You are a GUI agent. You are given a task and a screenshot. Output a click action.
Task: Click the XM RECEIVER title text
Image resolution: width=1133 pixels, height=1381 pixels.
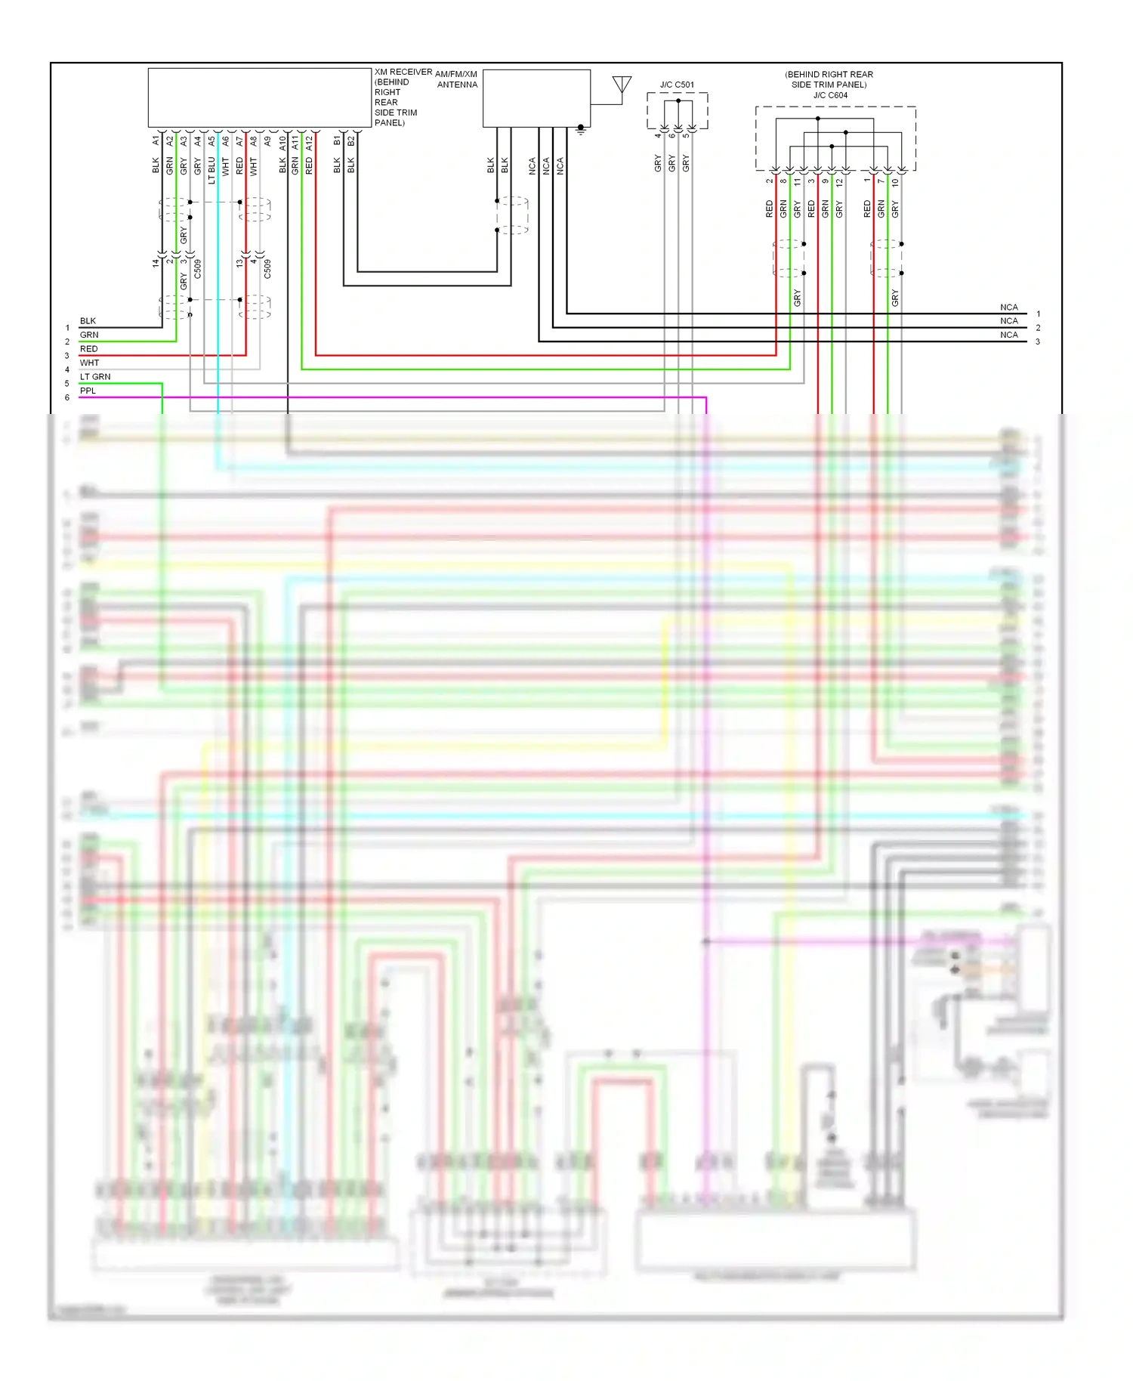pos(403,73)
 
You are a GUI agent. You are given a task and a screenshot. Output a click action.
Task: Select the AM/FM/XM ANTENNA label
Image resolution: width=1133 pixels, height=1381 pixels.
pos(457,79)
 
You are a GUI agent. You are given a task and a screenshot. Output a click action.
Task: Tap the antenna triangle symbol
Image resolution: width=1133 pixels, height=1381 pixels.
pos(622,84)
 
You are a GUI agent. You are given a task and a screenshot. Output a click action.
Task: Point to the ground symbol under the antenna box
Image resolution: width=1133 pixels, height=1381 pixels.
pos(581,130)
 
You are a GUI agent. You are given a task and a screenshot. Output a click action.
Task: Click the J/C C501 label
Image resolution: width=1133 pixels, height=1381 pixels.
pos(677,85)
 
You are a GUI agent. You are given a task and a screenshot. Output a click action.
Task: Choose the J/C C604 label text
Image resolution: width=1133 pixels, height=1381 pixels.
pos(830,95)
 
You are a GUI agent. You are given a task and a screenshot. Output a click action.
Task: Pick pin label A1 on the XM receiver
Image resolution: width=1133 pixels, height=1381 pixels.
pos(156,141)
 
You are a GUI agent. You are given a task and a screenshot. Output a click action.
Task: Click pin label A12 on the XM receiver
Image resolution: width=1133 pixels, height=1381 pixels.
pos(309,142)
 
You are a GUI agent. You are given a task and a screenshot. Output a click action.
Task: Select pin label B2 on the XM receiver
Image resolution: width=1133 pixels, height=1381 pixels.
pos(351,141)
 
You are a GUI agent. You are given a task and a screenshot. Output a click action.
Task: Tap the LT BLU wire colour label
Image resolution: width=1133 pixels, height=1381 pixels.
pos(211,170)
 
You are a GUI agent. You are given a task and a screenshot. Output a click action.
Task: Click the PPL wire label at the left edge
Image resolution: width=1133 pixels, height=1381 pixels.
pos(88,391)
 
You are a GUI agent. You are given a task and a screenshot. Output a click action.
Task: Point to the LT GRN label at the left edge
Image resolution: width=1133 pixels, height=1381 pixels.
pos(95,376)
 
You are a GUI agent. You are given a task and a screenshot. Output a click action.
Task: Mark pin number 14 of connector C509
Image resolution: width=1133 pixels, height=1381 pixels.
pos(156,263)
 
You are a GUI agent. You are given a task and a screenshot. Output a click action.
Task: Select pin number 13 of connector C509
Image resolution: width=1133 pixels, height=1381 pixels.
pos(239,263)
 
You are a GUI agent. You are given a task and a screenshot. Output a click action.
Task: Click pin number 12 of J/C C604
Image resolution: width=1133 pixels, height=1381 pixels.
pos(839,182)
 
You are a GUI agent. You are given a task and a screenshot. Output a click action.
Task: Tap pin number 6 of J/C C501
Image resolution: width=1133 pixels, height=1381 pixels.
pos(671,135)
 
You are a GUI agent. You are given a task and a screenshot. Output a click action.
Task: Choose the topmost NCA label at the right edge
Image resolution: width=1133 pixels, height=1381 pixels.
pos(1008,307)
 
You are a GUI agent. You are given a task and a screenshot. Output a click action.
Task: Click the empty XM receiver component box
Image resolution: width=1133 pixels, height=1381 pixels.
pos(259,97)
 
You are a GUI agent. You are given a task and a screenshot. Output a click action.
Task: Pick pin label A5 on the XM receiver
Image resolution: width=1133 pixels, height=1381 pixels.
pos(211,141)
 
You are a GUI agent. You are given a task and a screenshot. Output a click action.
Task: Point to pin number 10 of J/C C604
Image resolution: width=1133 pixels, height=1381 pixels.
pos(895,182)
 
